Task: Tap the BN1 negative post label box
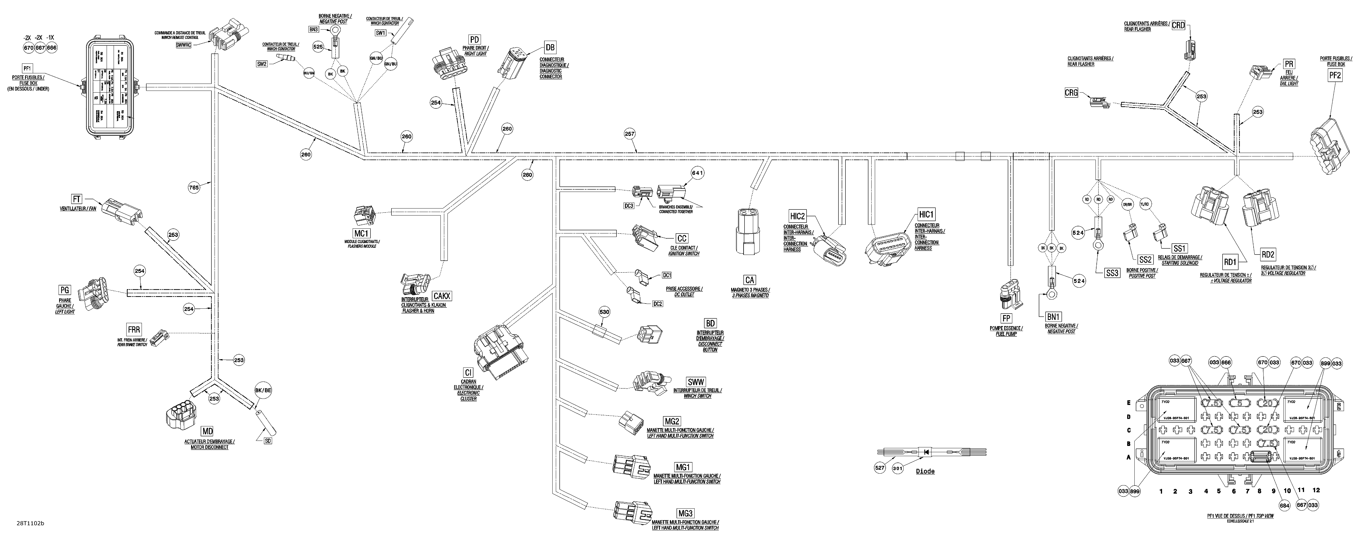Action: coord(1054,316)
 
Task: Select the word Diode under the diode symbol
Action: coord(925,471)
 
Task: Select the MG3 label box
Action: coord(685,512)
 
